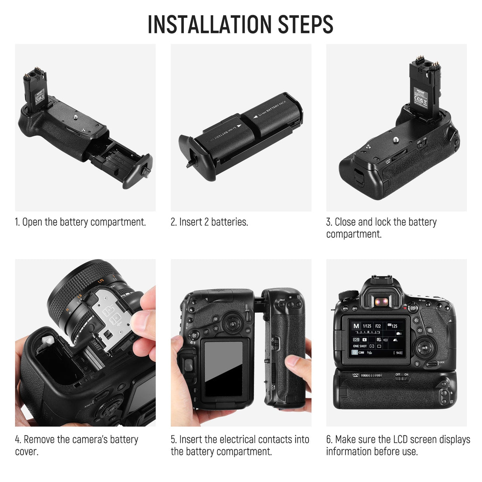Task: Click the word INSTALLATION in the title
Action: coord(210,25)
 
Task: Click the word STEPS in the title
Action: coord(305,25)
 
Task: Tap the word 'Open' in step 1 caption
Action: coord(32,222)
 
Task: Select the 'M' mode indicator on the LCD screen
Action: coord(356,326)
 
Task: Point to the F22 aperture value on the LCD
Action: coord(378,326)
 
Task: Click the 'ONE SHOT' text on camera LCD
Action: coord(360,346)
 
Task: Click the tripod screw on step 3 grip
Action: coord(395,140)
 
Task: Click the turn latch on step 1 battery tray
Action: coord(145,172)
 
